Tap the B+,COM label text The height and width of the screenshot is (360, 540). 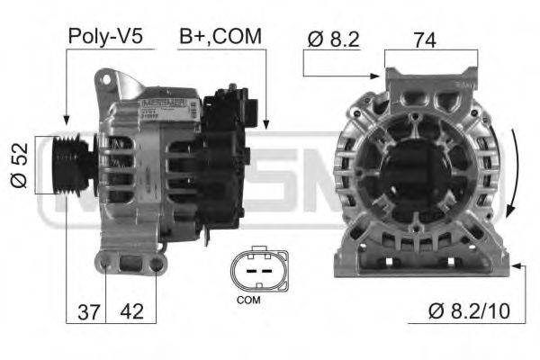[x=220, y=36]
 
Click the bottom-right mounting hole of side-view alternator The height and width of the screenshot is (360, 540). [x=157, y=264]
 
